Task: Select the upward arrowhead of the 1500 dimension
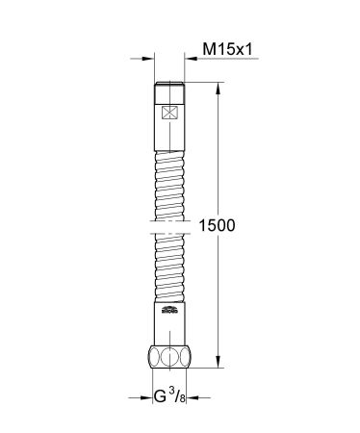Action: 215,89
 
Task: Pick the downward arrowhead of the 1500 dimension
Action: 215,364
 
